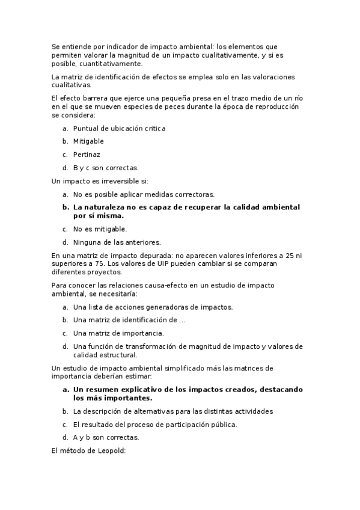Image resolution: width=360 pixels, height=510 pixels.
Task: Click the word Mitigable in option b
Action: pyautogui.click(x=88, y=141)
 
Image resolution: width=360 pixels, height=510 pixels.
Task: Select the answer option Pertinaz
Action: pyautogui.click(x=87, y=155)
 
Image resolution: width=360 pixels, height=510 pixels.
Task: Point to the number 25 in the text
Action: pyautogui.click(x=284, y=256)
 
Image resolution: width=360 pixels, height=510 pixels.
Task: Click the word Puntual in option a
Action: pyautogui.click(x=86, y=128)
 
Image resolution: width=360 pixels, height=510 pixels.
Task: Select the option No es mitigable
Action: pyautogui.click(x=100, y=229)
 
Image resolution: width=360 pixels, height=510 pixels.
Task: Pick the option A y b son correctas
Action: pyautogui.click(x=106, y=438)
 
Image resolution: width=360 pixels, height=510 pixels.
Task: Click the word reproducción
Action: pyautogui.click(x=273, y=106)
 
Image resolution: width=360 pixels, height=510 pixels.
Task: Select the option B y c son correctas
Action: pyautogui.click(x=105, y=168)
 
